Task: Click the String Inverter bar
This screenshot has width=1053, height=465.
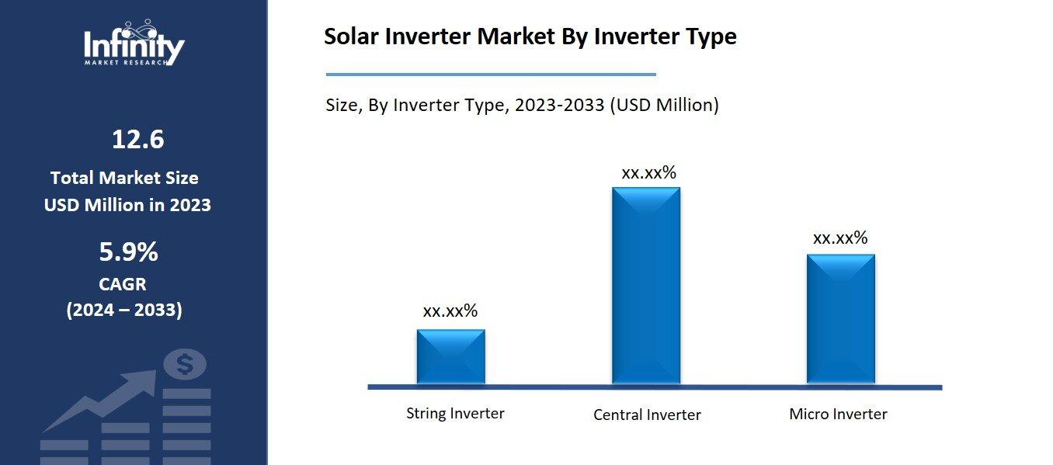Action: (450, 356)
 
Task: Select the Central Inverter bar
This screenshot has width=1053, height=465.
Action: (645, 286)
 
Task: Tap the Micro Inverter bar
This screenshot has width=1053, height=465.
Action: (840, 318)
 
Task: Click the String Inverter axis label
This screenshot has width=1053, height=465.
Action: (455, 413)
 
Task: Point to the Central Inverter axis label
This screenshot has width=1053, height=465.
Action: (647, 415)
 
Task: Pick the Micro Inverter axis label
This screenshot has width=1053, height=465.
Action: (838, 414)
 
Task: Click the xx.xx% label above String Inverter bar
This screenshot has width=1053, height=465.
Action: (450, 311)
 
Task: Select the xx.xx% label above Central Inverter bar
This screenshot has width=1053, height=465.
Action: (648, 172)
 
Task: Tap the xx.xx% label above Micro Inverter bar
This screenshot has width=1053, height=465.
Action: (840, 238)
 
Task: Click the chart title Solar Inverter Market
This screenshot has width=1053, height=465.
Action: (530, 36)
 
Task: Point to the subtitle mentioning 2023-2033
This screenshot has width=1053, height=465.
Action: (522, 105)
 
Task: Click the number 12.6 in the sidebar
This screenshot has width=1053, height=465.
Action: (137, 140)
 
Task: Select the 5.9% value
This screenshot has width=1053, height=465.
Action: (128, 252)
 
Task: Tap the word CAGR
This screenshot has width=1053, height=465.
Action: (123, 283)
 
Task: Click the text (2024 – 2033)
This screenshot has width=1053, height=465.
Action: (124, 310)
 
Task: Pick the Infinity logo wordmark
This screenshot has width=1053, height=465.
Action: (134, 47)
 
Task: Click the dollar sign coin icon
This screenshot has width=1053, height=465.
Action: (185, 363)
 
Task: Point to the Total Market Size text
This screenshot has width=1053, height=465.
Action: (124, 178)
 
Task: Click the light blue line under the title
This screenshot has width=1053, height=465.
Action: (490, 75)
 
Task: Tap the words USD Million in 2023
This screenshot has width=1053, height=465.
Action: (127, 205)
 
